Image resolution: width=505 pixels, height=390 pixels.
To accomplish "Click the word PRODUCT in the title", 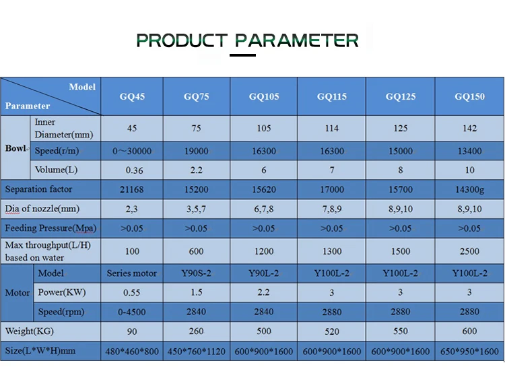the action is pos(182,40).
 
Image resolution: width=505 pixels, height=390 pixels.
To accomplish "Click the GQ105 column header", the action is pos(264,96).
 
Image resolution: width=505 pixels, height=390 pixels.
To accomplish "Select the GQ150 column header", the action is pos(469,96).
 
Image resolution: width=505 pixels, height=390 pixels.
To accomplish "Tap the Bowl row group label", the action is pos(15,148).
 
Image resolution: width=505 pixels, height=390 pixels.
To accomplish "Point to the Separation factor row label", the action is pos(38,189).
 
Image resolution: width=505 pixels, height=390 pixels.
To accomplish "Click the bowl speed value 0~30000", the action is pos(132,151).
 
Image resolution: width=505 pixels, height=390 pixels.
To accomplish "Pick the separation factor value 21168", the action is pos(132,189).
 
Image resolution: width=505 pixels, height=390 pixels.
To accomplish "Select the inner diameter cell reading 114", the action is pos(332,128).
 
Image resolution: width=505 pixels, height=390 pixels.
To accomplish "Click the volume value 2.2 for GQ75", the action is pos(197,170).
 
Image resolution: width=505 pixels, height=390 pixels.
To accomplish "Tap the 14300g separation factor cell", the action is pos(469,189).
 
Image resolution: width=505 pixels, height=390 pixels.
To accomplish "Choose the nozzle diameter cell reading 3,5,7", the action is pos(196,209).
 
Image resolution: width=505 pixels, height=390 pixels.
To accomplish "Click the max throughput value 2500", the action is pos(469,251).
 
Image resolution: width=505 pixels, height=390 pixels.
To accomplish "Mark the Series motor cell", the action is pos(132,273).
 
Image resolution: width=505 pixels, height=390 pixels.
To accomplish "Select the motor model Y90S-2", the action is pos(196,273).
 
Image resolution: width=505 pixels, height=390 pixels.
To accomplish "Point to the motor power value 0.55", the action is pos(132,292).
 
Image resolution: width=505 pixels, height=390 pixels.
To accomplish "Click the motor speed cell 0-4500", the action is pos(132,312).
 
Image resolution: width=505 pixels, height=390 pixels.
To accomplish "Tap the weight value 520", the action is pos(332,331).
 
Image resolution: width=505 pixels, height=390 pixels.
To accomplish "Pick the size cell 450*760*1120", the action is pos(197,352).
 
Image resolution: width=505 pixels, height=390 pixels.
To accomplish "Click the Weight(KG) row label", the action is pos(30,331).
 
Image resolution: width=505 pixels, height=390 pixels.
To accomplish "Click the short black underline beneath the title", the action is pos(242,55).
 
